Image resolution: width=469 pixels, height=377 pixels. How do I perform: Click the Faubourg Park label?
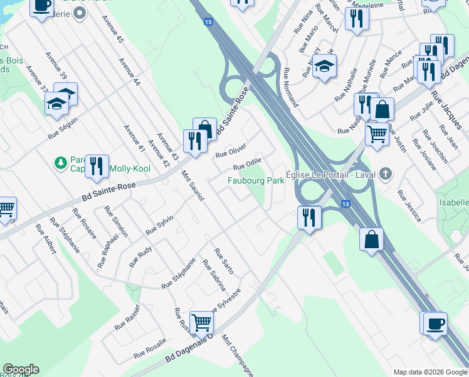tap(255, 180)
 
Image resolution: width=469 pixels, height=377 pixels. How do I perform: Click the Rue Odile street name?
tap(247, 163)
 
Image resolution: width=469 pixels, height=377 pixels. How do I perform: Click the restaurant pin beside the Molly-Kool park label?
tap(97, 167)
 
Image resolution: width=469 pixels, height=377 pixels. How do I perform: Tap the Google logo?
tap(21, 369)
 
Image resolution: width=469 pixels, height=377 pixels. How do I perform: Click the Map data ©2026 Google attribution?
tap(430, 372)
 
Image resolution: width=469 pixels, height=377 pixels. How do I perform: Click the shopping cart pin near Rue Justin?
tap(376, 134)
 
